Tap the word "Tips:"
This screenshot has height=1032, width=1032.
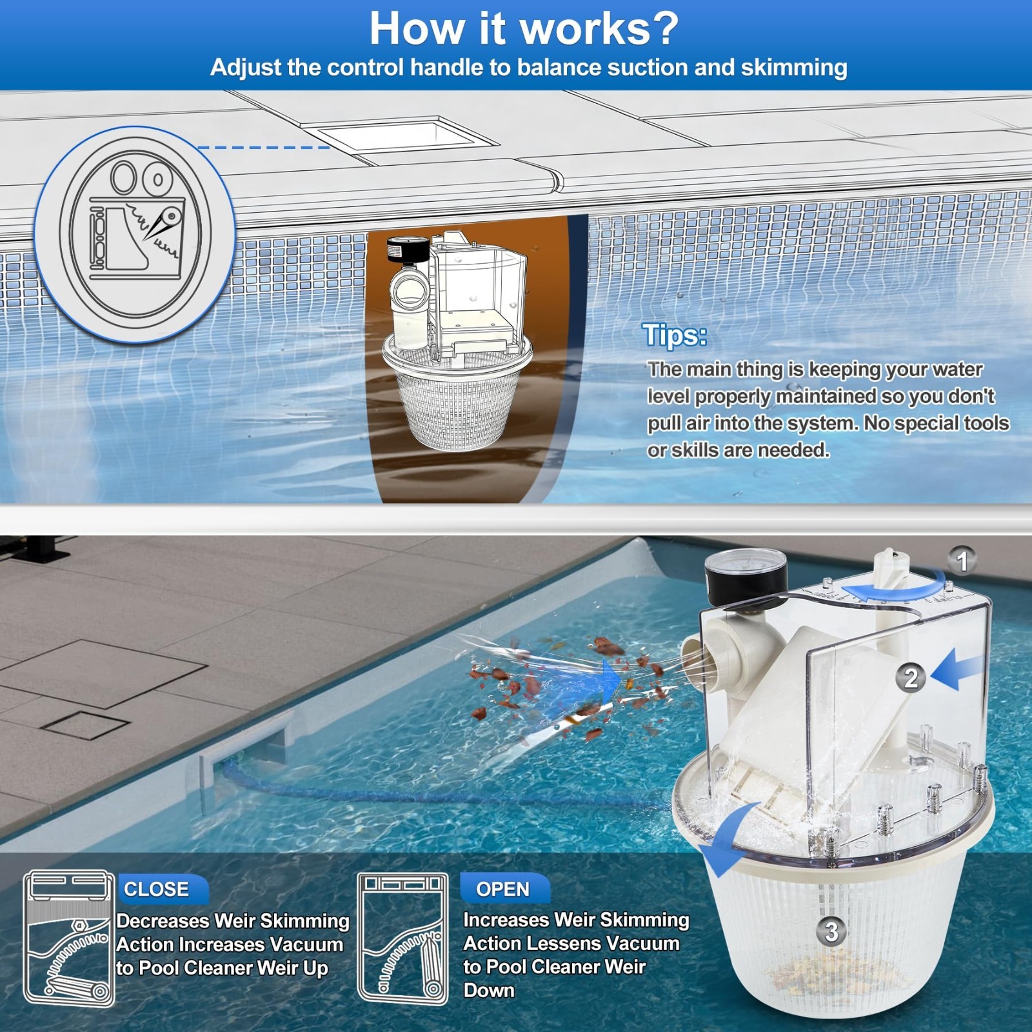675,335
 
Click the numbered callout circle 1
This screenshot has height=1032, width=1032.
963,561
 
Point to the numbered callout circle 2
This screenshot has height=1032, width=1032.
911,678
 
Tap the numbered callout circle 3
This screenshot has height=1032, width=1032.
831,931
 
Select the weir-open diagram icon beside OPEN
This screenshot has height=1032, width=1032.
402,938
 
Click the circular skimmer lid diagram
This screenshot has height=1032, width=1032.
135,233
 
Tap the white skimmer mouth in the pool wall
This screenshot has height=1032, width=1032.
248,745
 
